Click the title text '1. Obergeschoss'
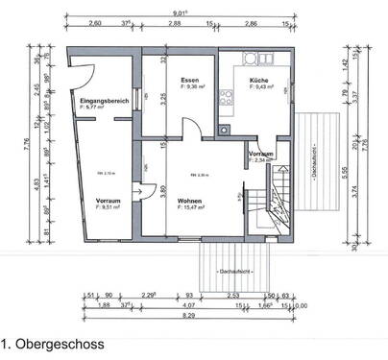[53, 343]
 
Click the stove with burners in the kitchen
[228, 97]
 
